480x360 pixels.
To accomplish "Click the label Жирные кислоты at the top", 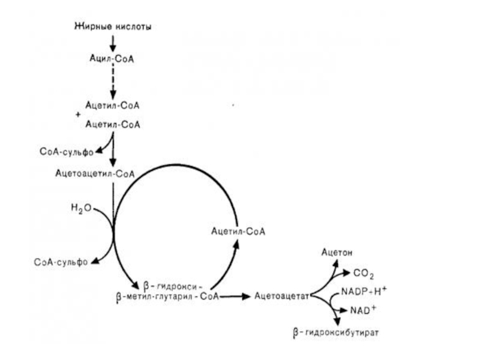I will coord(113,26).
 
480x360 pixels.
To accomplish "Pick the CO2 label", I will coord(364,274).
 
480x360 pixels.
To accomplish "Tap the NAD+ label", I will coord(363,311).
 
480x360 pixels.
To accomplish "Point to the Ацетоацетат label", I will coord(281,295).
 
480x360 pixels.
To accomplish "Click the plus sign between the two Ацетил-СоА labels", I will coord(78,114).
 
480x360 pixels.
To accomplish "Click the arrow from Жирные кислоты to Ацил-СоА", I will coord(113,43).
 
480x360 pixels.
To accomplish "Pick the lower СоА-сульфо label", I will coord(61,261).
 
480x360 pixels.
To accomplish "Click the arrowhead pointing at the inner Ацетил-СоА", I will coord(236,243).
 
